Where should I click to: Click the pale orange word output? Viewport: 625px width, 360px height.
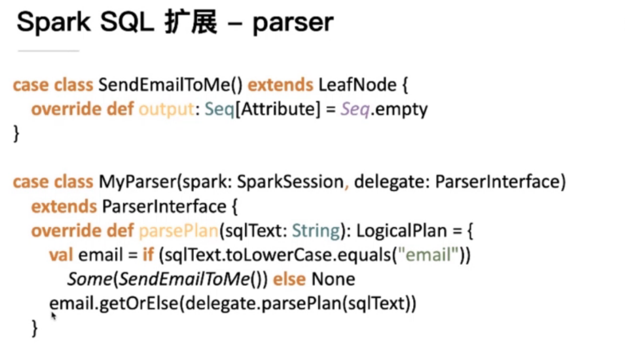tap(166, 109)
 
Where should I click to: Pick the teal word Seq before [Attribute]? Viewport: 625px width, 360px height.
tap(219, 109)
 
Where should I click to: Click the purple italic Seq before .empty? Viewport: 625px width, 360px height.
tap(354, 109)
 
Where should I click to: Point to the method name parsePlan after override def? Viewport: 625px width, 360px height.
tap(178, 231)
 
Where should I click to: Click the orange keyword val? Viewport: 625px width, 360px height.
tap(61, 255)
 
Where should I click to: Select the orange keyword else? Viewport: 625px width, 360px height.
tap(289, 279)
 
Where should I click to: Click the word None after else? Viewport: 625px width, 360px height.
tap(333, 279)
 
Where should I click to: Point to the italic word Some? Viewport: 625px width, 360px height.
tap(89, 279)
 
